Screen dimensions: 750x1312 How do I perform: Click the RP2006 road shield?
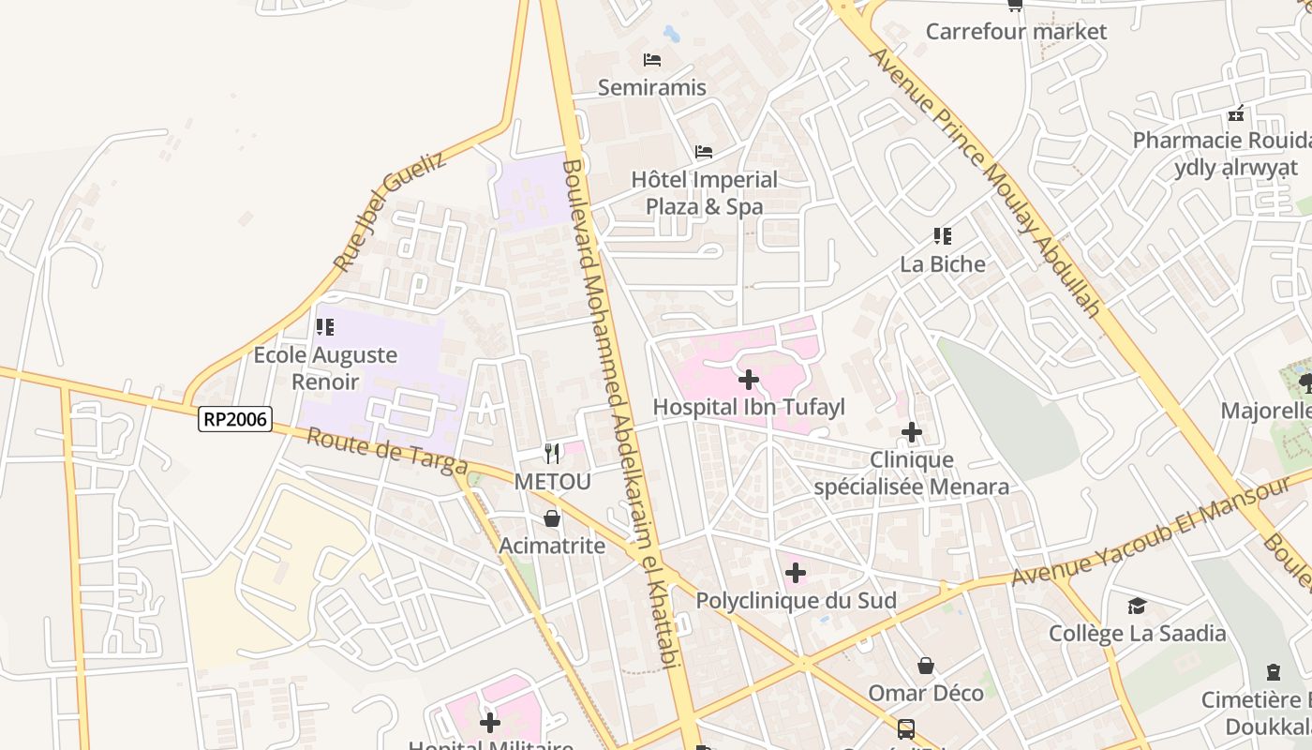click(235, 419)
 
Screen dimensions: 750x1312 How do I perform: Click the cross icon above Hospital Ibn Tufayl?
click(749, 380)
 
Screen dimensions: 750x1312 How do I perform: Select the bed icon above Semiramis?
click(652, 60)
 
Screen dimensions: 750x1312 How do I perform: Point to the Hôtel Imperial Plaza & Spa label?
click(705, 193)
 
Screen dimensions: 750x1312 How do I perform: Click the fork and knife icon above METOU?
click(552, 454)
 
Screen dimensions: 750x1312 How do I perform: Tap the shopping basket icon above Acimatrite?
click(552, 518)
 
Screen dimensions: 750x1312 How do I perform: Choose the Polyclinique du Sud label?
click(796, 600)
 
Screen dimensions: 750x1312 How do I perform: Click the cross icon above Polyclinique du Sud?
click(796, 573)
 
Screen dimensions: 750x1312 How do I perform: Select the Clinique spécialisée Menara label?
click(912, 472)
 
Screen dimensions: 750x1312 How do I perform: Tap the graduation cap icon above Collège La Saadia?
click(1137, 606)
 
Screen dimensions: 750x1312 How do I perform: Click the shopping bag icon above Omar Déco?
click(926, 666)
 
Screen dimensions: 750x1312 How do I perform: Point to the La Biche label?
click(943, 264)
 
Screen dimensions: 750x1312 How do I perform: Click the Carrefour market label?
click(1016, 32)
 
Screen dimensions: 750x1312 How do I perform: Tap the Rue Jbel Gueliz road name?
click(390, 211)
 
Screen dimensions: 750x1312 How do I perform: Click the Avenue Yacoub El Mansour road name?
click(1153, 531)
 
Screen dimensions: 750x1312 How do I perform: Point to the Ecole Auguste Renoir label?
click(325, 368)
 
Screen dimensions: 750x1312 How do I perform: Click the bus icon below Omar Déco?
click(906, 728)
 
